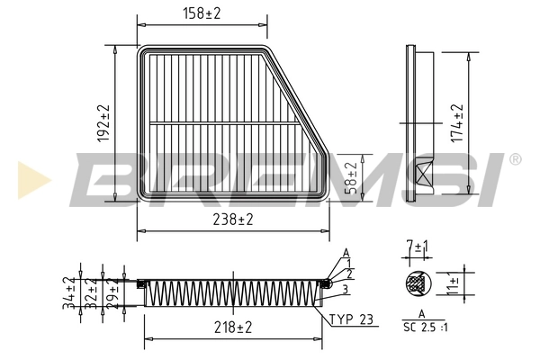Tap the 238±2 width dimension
pos(232,219)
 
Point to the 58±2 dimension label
pos(352,176)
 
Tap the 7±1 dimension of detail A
pos(417,247)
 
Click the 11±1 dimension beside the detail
pos(454,286)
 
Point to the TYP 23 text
pos(349,319)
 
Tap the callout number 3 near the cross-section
pos(345,288)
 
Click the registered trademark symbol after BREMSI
pos(515,159)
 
